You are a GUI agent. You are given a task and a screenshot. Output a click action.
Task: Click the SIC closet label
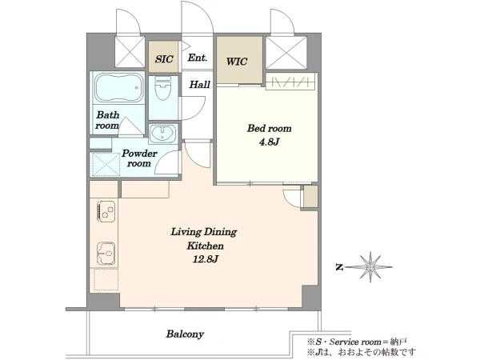tap(164, 58)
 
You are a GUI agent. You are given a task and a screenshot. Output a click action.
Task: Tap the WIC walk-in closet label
tap(237, 62)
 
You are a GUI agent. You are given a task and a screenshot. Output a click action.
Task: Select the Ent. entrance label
tap(197, 58)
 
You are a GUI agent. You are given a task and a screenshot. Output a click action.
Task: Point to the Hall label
tap(199, 84)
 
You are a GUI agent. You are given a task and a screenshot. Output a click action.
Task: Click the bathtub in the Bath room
tap(118, 87)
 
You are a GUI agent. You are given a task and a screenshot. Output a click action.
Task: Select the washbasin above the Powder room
tap(162, 134)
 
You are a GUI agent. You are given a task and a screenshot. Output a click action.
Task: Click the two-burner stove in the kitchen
tap(106, 211)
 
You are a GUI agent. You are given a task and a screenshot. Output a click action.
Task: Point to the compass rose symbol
tap(370, 267)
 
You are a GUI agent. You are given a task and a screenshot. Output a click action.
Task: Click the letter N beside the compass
tap(339, 267)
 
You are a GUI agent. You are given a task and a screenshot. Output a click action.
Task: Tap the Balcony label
tap(185, 334)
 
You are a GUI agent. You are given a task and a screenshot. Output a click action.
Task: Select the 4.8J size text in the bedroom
tap(269, 142)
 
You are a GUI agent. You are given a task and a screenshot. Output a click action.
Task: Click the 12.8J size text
tap(205, 259)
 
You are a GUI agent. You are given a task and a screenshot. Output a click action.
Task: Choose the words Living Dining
tap(203, 232)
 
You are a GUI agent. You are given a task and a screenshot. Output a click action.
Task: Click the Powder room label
tap(139, 158)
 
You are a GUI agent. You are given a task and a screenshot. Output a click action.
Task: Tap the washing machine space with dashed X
tap(105, 165)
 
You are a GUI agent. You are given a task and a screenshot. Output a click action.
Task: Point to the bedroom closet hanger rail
tap(290, 82)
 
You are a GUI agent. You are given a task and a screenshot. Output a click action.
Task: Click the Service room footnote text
tap(357, 342)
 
